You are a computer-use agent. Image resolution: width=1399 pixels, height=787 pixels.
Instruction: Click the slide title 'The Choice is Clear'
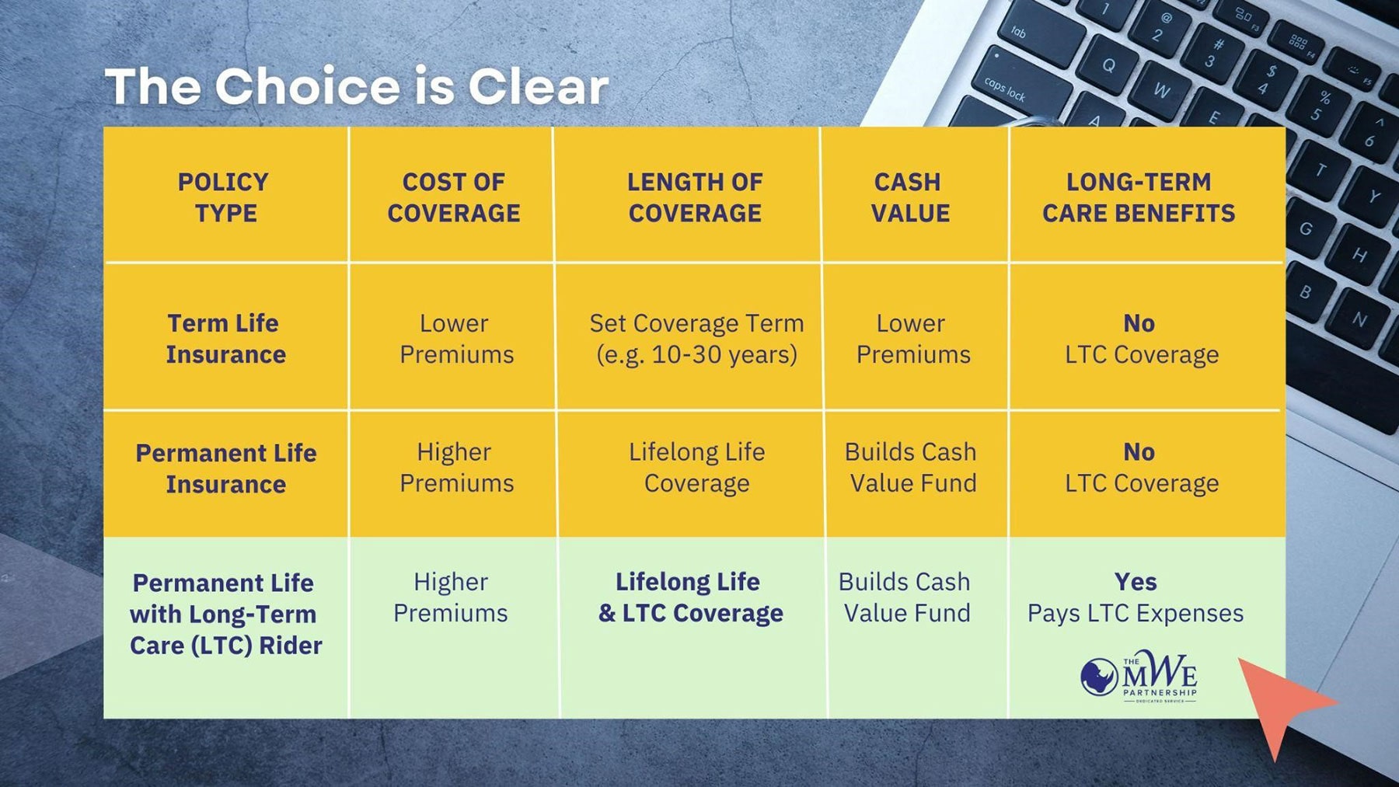tap(357, 86)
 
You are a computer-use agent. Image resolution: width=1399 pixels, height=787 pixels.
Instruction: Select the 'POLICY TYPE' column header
tap(224, 197)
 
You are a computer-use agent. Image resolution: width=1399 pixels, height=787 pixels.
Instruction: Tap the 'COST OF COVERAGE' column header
tap(454, 197)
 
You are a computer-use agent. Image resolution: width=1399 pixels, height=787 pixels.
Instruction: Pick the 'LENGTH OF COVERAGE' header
tap(695, 197)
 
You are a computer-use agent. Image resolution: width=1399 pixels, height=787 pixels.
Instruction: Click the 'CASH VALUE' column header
tap(909, 197)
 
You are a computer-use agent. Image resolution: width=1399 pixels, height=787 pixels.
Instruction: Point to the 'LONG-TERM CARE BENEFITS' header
tap(1139, 197)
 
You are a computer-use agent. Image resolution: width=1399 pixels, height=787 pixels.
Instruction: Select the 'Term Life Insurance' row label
tap(225, 339)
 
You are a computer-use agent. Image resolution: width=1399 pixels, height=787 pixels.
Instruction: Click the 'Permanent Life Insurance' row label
tap(225, 468)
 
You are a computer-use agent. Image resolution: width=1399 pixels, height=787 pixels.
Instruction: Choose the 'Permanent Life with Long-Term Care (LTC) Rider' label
tap(225, 614)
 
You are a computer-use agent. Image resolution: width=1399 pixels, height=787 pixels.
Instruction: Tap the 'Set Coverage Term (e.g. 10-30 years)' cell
tap(696, 339)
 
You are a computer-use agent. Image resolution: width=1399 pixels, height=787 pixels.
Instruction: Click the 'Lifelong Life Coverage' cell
tap(696, 468)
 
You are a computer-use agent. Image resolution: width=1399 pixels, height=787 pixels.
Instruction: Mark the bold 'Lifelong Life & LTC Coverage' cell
tap(690, 597)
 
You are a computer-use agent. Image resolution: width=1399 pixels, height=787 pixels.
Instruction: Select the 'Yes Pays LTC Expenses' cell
tap(1136, 597)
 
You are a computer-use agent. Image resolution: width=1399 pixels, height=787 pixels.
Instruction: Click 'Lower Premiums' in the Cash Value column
tap(912, 339)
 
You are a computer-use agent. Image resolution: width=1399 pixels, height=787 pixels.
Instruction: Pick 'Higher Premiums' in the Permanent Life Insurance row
tap(456, 468)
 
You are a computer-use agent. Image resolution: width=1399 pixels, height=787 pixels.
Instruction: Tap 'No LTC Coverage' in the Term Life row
tap(1141, 339)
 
